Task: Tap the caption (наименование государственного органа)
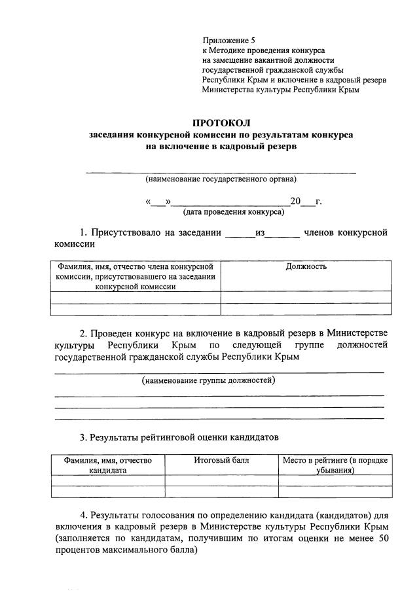pos(221,179)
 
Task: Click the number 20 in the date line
pos(295,201)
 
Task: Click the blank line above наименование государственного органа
pos(221,171)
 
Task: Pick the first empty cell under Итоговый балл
pos(221,480)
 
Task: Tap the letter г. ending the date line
pos(318,201)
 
